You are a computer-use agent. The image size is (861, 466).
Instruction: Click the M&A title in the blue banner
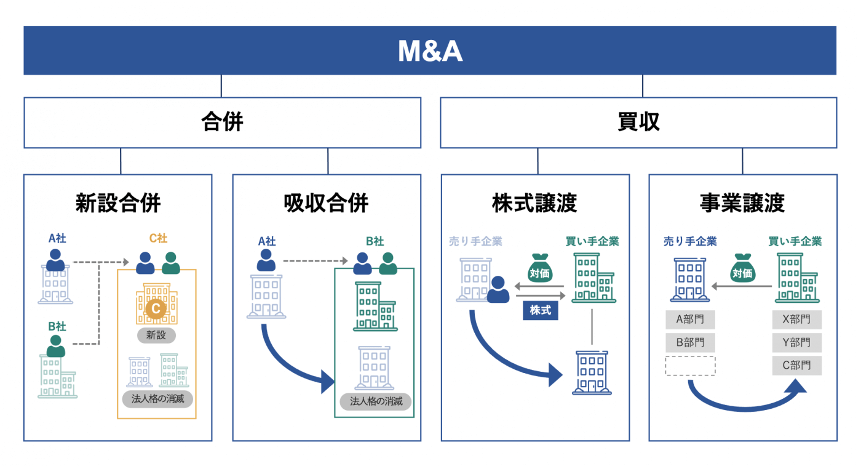click(x=430, y=52)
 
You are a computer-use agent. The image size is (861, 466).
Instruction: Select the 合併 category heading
click(x=222, y=123)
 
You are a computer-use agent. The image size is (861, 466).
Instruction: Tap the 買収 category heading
click(x=638, y=123)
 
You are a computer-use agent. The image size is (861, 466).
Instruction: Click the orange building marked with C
click(x=156, y=304)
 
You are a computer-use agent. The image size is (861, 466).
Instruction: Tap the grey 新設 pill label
click(x=156, y=335)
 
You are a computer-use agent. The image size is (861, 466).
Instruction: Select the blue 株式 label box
click(x=540, y=311)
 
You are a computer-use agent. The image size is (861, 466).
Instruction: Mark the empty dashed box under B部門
click(x=690, y=366)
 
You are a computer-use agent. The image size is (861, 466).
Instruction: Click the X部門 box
click(x=796, y=319)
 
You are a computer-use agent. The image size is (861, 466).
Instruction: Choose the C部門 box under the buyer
click(x=796, y=366)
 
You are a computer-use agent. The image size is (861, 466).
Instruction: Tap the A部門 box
click(x=690, y=319)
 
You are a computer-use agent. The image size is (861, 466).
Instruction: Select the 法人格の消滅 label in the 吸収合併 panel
click(x=376, y=401)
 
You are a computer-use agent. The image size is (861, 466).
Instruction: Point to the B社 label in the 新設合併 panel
click(x=57, y=326)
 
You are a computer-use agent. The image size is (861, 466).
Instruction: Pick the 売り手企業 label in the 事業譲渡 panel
click(x=690, y=242)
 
